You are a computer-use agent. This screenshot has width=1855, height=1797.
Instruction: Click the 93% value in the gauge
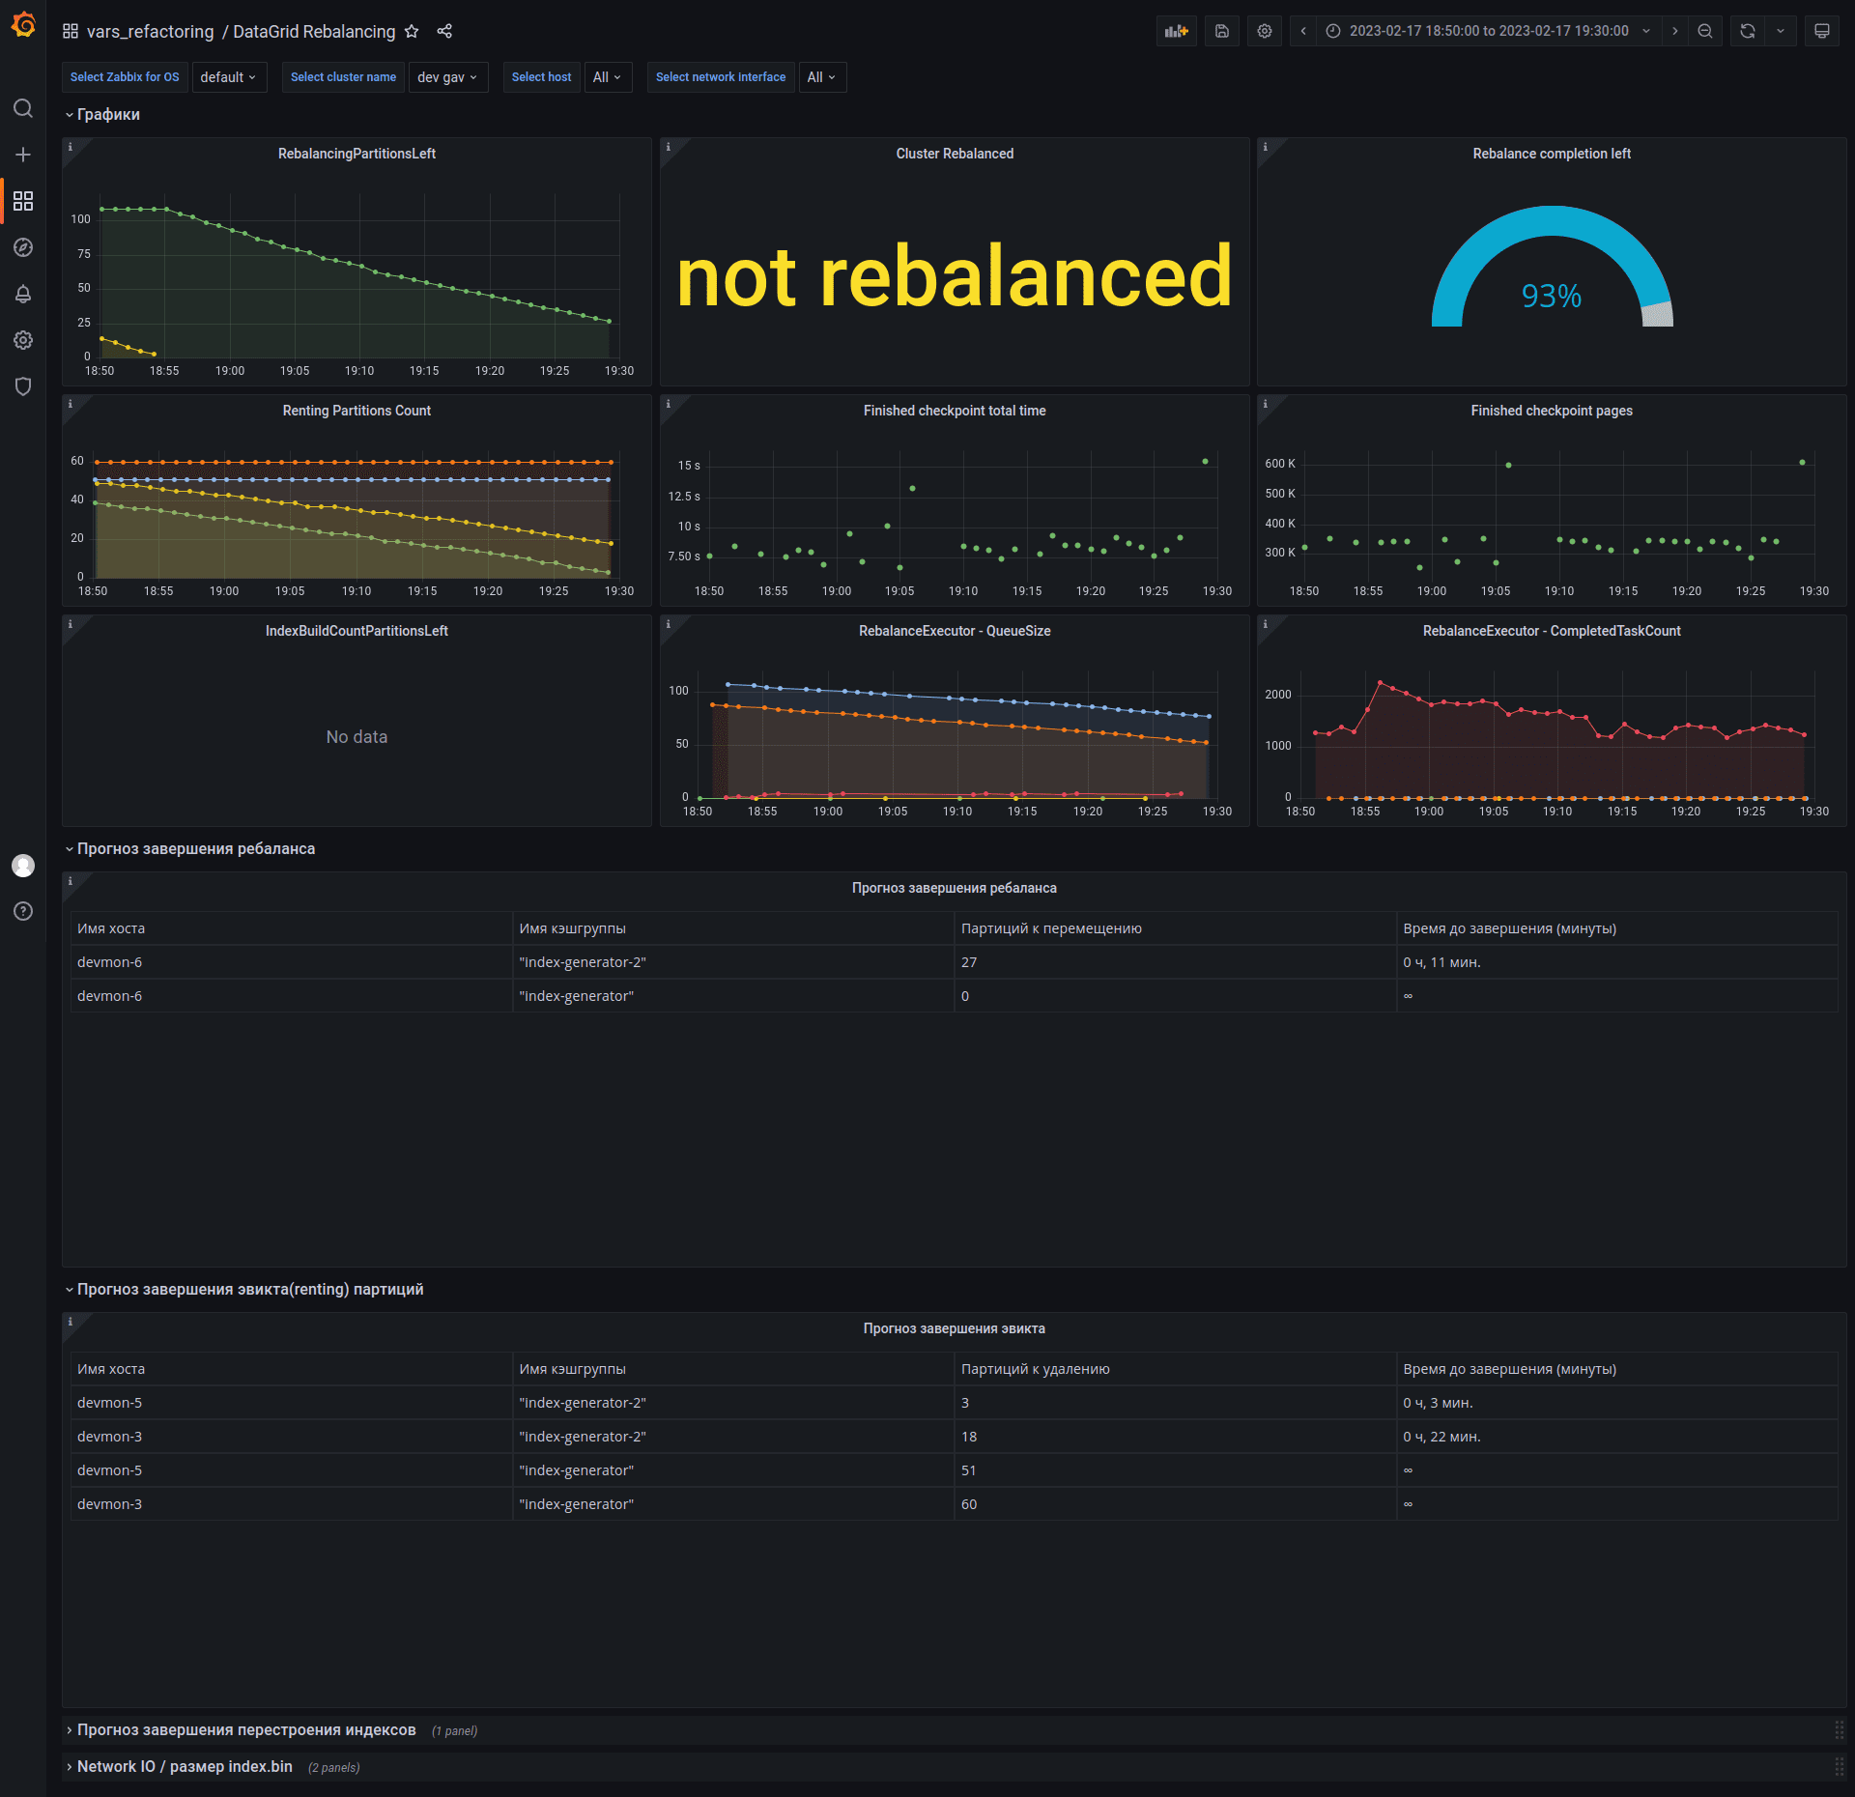pyautogui.click(x=1551, y=296)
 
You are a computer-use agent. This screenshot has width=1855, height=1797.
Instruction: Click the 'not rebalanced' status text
pyautogui.click(x=954, y=277)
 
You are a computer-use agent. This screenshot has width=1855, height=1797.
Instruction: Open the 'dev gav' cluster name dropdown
pyautogui.click(x=447, y=77)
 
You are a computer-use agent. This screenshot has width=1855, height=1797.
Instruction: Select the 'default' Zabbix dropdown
pyautogui.click(x=228, y=77)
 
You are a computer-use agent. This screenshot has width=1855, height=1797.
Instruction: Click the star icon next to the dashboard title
pyautogui.click(x=412, y=31)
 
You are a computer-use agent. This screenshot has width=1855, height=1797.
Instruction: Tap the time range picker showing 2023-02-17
pyautogui.click(x=1488, y=31)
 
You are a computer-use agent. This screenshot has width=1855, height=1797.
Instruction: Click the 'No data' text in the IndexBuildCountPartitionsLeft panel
pyautogui.click(x=357, y=737)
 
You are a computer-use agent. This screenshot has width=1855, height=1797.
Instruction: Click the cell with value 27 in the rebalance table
pyautogui.click(x=969, y=962)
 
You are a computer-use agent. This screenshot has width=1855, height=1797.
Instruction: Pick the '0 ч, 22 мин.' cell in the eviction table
pyautogui.click(x=1441, y=1437)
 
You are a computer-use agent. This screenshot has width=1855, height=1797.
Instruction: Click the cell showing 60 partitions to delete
pyautogui.click(x=969, y=1504)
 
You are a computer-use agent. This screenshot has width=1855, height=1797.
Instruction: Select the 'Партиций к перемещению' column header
pyautogui.click(x=1051, y=928)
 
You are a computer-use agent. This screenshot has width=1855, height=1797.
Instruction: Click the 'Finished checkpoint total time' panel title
pyautogui.click(x=954, y=411)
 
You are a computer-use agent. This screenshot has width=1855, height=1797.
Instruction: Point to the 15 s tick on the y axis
pyautogui.click(x=689, y=466)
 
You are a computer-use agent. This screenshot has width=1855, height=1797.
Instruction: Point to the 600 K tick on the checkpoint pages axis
pyautogui.click(x=1279, y=464)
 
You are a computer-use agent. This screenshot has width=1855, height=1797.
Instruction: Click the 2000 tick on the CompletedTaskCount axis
pyautogui.click(x=1277, y=695)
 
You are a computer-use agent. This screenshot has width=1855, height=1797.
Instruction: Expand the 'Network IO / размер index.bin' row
pyautogui.click(x=185, y=1766)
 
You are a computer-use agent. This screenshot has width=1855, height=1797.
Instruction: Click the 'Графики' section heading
pyautogui.click(x=108, y=114)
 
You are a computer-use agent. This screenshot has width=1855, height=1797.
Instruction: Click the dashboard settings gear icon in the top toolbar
pyautogui.click(x=1264, y=31)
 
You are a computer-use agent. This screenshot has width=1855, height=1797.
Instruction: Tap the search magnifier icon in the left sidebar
pyautogui.click(x=23, y=108)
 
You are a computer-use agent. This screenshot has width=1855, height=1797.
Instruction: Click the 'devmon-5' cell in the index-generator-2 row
pyautogui.click(x=109, y=1403)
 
